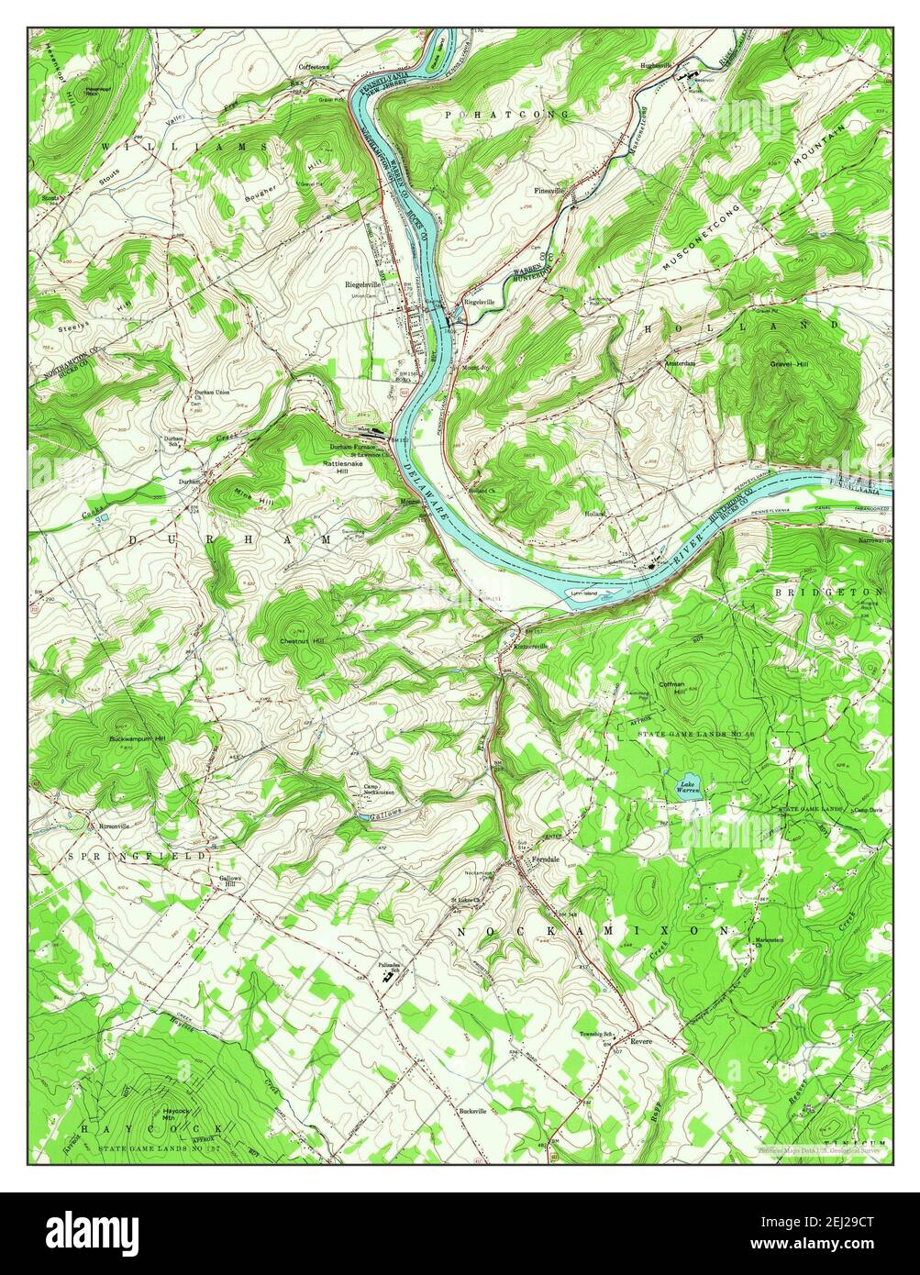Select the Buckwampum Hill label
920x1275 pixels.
coord(137,738)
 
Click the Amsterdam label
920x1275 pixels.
coord(680,363)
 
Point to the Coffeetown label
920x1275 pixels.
coord(318,67)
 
